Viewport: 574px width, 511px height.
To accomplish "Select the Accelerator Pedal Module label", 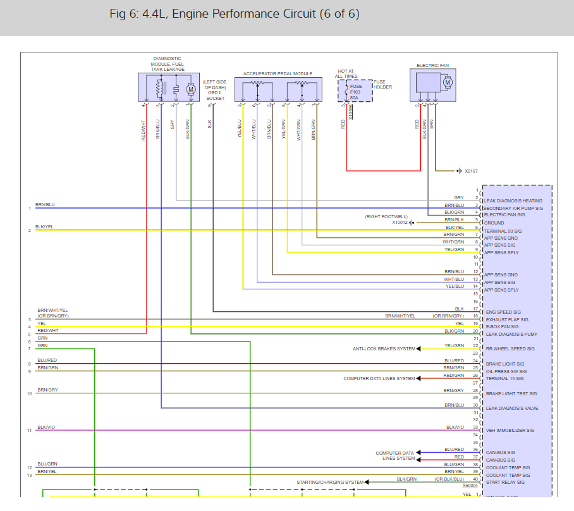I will point(278,74).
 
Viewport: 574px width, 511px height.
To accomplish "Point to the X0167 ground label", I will point(472,171).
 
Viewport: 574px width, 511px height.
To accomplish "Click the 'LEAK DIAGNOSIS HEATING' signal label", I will point(513,201).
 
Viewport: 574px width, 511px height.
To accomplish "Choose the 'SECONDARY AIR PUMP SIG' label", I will point(513,208).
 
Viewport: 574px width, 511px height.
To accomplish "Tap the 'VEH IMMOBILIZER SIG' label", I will point(510,431).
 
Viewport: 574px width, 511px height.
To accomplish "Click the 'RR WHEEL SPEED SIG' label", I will point(510,349).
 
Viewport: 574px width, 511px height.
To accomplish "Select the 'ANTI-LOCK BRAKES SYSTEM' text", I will point(384,349).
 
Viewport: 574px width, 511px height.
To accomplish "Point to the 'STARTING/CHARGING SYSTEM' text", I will point(330,483).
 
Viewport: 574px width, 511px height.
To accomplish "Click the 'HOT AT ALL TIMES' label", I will point(346,74).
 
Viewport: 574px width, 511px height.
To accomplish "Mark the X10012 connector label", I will point(400,223).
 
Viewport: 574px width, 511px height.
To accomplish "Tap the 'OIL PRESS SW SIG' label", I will point(506,371).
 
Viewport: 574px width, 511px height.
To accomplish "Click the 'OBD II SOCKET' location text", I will point(215,90).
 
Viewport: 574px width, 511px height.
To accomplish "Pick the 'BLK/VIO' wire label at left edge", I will point(46,428).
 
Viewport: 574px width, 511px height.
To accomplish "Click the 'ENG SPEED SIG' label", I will point(503,312).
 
